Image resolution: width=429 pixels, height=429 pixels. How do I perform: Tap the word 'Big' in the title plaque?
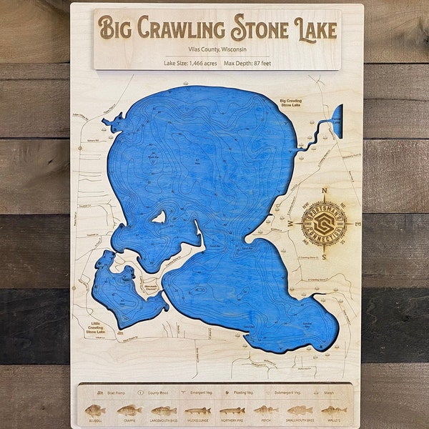(x=114, y=29)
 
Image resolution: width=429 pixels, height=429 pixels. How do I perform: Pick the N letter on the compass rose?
(x=325, y=192)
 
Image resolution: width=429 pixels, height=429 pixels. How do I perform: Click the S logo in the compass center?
(x=324, y=224)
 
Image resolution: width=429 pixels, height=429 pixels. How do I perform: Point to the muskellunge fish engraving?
(x=198, y=410)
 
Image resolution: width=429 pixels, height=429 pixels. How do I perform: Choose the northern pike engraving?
(x=232, y=410)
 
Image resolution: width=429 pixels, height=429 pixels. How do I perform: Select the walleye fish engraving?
(x=334, y=410)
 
